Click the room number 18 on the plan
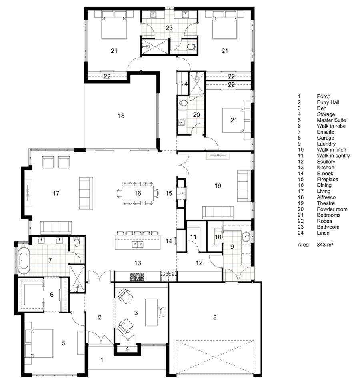tap(121, 116)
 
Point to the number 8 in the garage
tap(215, 318)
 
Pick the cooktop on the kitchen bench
tap(138, 276)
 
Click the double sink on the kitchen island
tap(138, 243)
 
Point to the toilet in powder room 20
tap(184, 102)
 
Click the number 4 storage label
tap(128, 349)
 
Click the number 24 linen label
tap(184, 84)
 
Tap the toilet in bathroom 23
tap(191, 47)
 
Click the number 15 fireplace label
tap(169, 193)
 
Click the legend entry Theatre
tap(326, 203)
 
